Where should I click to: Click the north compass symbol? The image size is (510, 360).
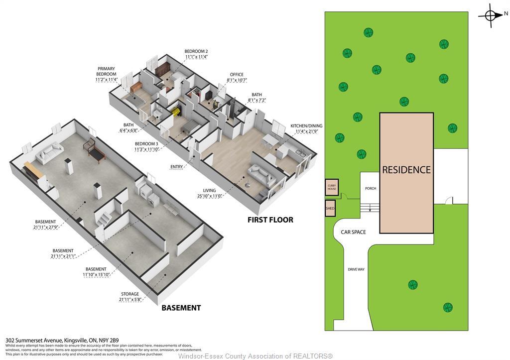click(491, 15)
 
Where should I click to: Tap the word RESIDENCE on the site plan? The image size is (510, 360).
click(406, 170)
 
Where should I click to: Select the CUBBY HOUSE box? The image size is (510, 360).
click(332, 187)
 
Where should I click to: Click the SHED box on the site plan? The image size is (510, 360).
click(330, 209)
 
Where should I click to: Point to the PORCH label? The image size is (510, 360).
click(371, 189)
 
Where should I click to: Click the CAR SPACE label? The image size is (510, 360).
click(353, 232)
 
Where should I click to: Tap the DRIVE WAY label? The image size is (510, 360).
click(356, 269)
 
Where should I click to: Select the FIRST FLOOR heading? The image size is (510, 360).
click(270, 220)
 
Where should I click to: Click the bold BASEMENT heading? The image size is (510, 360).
click(181, 308)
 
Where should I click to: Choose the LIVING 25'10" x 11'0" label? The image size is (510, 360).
click(209, 193)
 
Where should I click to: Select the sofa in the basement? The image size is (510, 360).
click(48, 153)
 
